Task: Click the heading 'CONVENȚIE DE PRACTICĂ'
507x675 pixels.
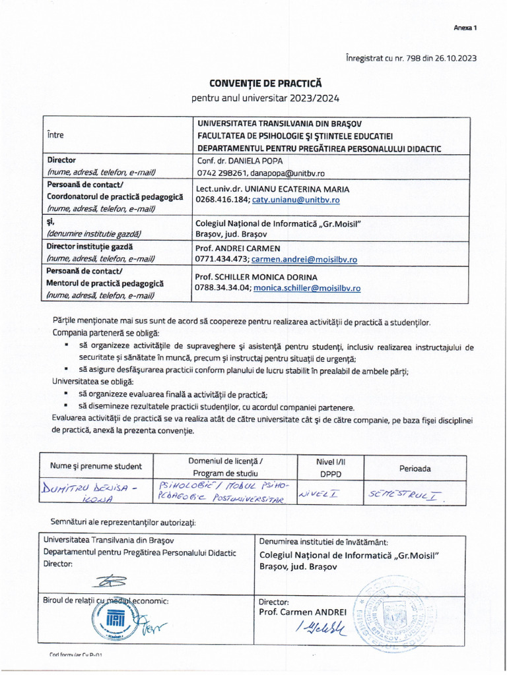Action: pos(265,84)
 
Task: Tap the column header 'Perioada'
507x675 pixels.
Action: pos(415,468)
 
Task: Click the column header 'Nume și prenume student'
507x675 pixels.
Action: pos(96,467)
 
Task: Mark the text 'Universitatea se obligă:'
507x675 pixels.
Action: pos(92,382)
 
